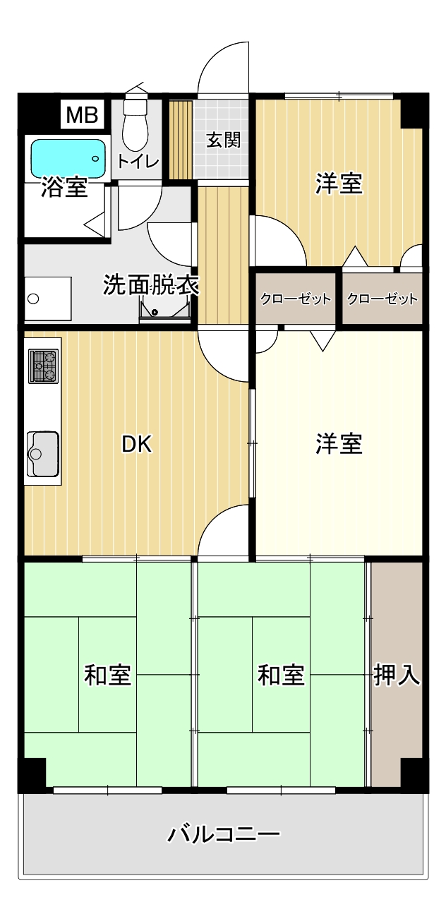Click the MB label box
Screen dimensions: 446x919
click(x=83, y=115)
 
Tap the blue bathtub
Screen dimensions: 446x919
click(x=68, y=159)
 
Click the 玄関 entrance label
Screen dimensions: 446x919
click(x=223, y=140)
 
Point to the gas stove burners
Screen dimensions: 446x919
click(x=43, y=366)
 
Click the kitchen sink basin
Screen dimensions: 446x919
click(x=42, y=453)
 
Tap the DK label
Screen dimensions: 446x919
click(x=137, y=444)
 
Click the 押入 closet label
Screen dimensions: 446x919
click(x=397, y=675)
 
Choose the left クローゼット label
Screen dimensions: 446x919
click(x=296, y=299)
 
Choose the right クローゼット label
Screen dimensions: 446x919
click(x=382, y=299)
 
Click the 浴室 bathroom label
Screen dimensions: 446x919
click(x=64, y=187)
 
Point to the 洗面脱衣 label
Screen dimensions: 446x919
click(x=151, y=284)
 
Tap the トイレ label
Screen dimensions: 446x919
click(x=138, y=161)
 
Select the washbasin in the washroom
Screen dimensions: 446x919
click(x=47, y=299)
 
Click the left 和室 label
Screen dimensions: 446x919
click(x=107, y=675)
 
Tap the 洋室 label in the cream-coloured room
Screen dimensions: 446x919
click(x=339, y=443)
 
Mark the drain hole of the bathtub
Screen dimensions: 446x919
click(x=95, y=159)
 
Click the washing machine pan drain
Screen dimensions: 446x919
click(x=155, y=312)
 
